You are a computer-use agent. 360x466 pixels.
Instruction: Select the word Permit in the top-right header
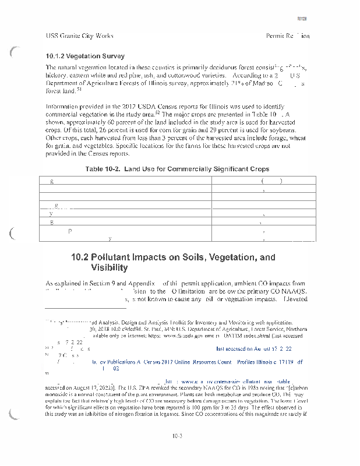click(x=274, y=36)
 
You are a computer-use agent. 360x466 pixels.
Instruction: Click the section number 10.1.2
click(x=57, y=57)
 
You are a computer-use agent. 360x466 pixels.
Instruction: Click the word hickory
click(x=56, y=76)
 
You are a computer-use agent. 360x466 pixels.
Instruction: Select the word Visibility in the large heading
click(x=110, y=268)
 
